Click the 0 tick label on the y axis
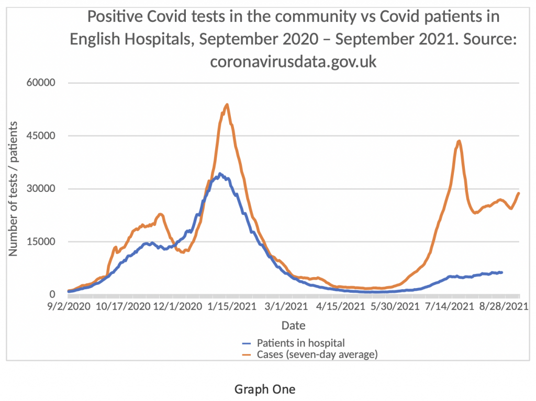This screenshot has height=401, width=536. tap(52, 294)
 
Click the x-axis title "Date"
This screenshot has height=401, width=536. tap(293, 326)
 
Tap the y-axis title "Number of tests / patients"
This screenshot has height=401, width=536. tap(13, 189)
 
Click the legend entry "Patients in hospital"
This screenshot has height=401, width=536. tap(300, 343)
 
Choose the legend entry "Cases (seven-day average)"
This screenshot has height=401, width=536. tap(317, 354)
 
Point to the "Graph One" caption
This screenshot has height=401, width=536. tap(265, 389)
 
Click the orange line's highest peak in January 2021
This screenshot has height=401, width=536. tap(227, 105)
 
